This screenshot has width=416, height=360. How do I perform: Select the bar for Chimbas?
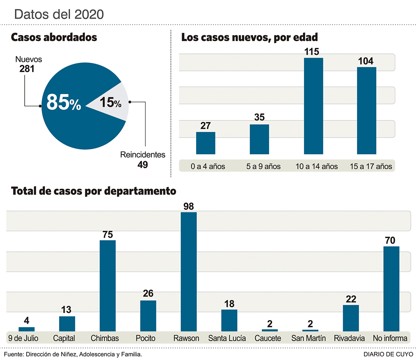(108, 285)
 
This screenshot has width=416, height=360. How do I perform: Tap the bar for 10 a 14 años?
(313, 106)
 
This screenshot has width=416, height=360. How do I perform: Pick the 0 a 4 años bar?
(205, 143)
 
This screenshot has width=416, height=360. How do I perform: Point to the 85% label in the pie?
(63, 102)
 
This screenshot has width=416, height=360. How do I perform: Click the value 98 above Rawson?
(189, 206)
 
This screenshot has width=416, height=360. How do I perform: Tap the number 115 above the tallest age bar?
(313, 52)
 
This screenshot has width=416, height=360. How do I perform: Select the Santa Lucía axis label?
(227, 338)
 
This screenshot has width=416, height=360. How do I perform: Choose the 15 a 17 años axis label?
(371, 166)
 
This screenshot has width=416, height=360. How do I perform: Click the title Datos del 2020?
(59, 14)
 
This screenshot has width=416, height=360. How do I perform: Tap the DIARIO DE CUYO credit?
(388, 354)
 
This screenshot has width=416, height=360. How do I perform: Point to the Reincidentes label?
(142, 155)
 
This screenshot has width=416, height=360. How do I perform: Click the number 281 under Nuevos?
(27, 69)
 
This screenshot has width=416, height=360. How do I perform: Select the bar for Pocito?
(148, 316)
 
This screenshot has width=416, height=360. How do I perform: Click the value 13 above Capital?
(67, 310)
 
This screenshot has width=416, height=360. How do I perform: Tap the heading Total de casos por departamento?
(94, 192)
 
